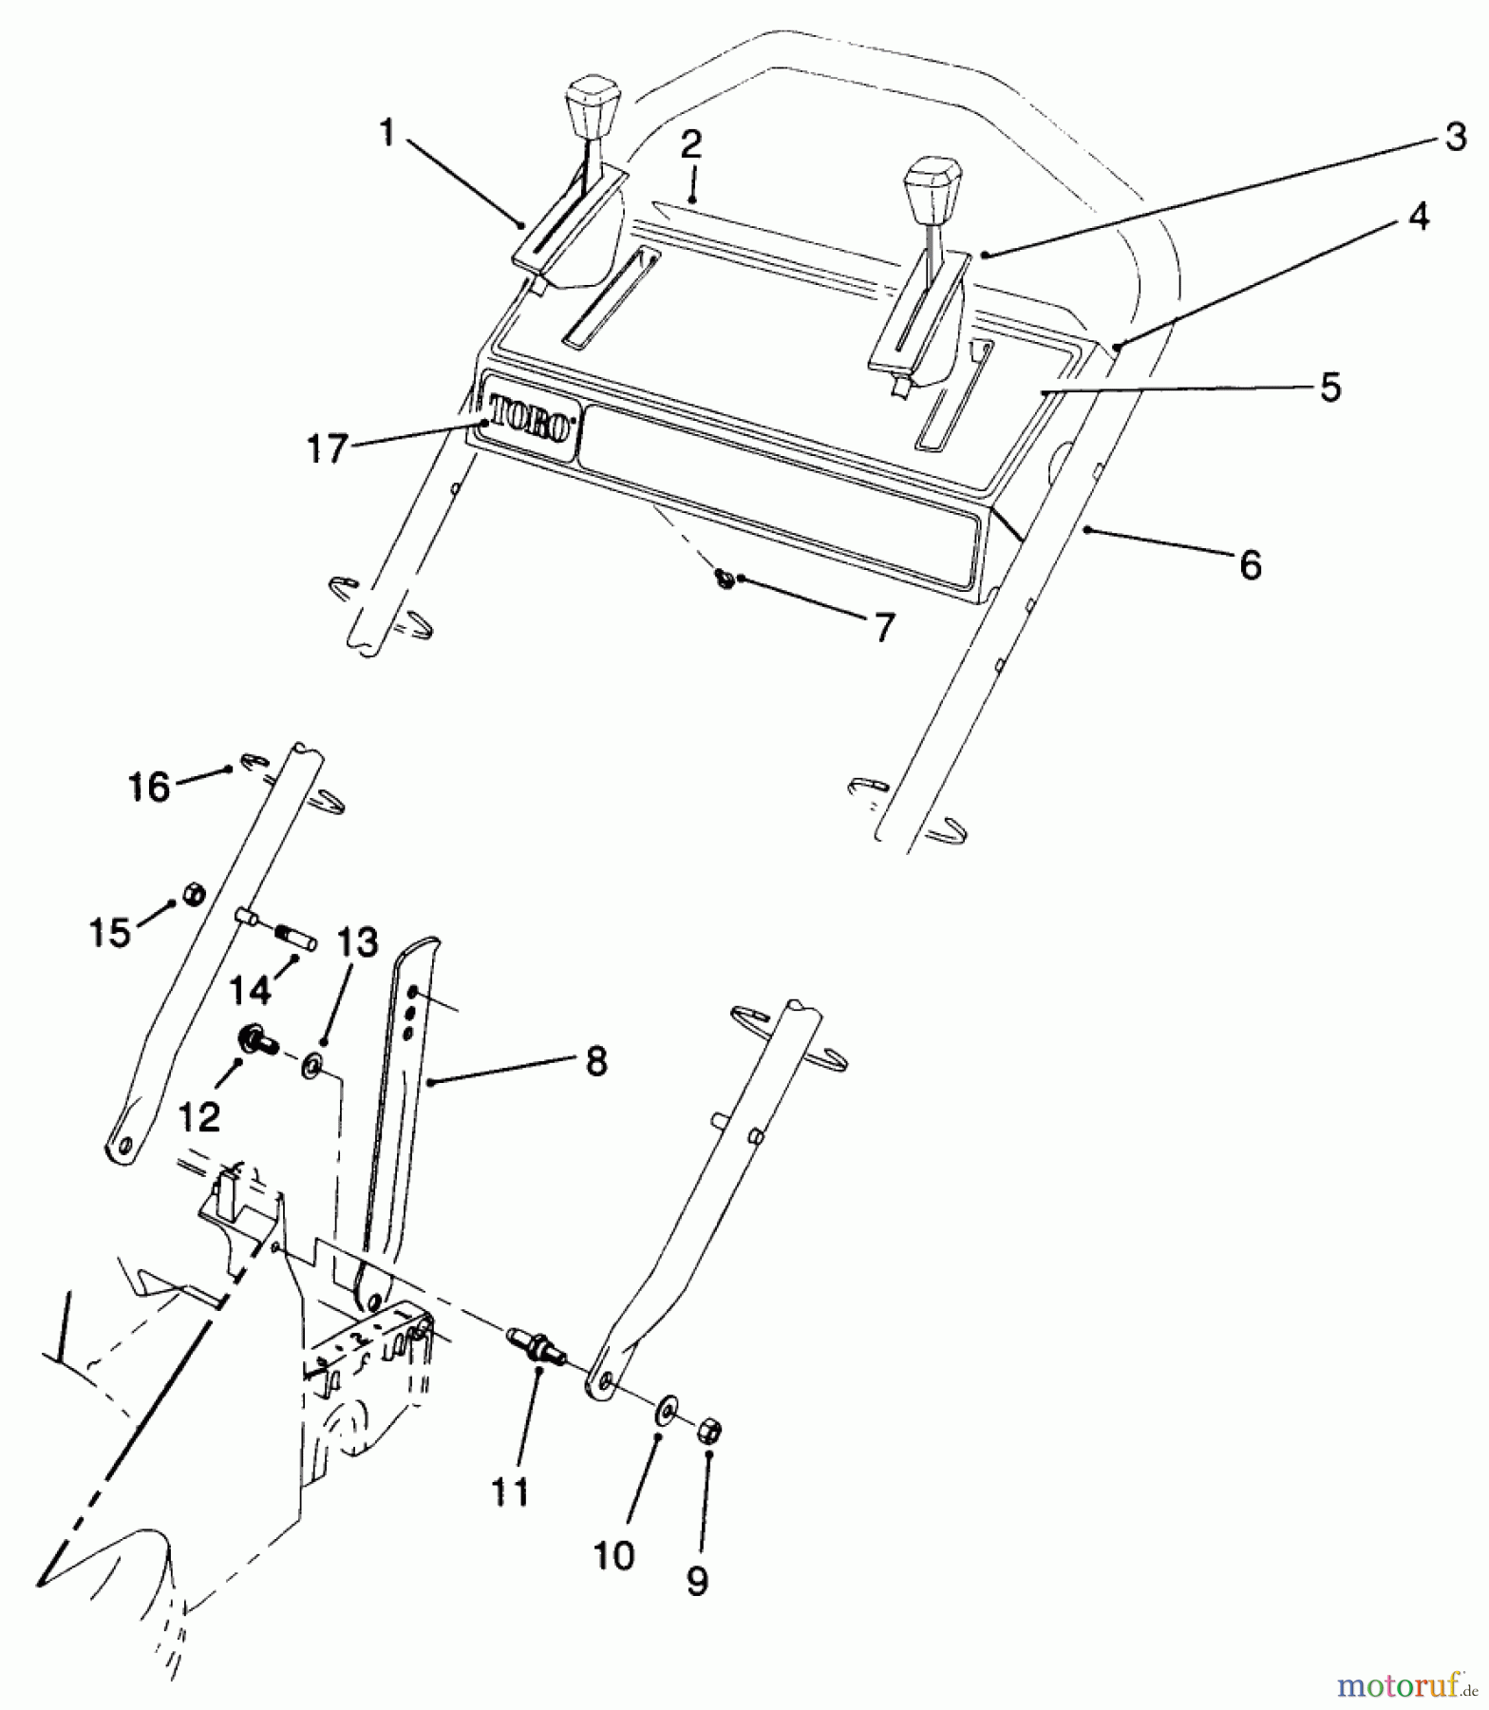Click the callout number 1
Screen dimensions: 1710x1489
pos(386,134)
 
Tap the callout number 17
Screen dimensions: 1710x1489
pos(327,448)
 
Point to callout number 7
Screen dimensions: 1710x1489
pos(883,628)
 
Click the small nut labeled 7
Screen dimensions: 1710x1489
pos(726,577)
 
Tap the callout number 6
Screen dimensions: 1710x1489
pos(1251,565)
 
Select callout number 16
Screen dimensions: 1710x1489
pos(150,787)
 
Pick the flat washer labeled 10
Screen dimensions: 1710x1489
pos(666,1407)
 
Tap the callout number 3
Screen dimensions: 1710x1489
pos(1455,139)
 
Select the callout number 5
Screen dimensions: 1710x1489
pos(1330,388)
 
